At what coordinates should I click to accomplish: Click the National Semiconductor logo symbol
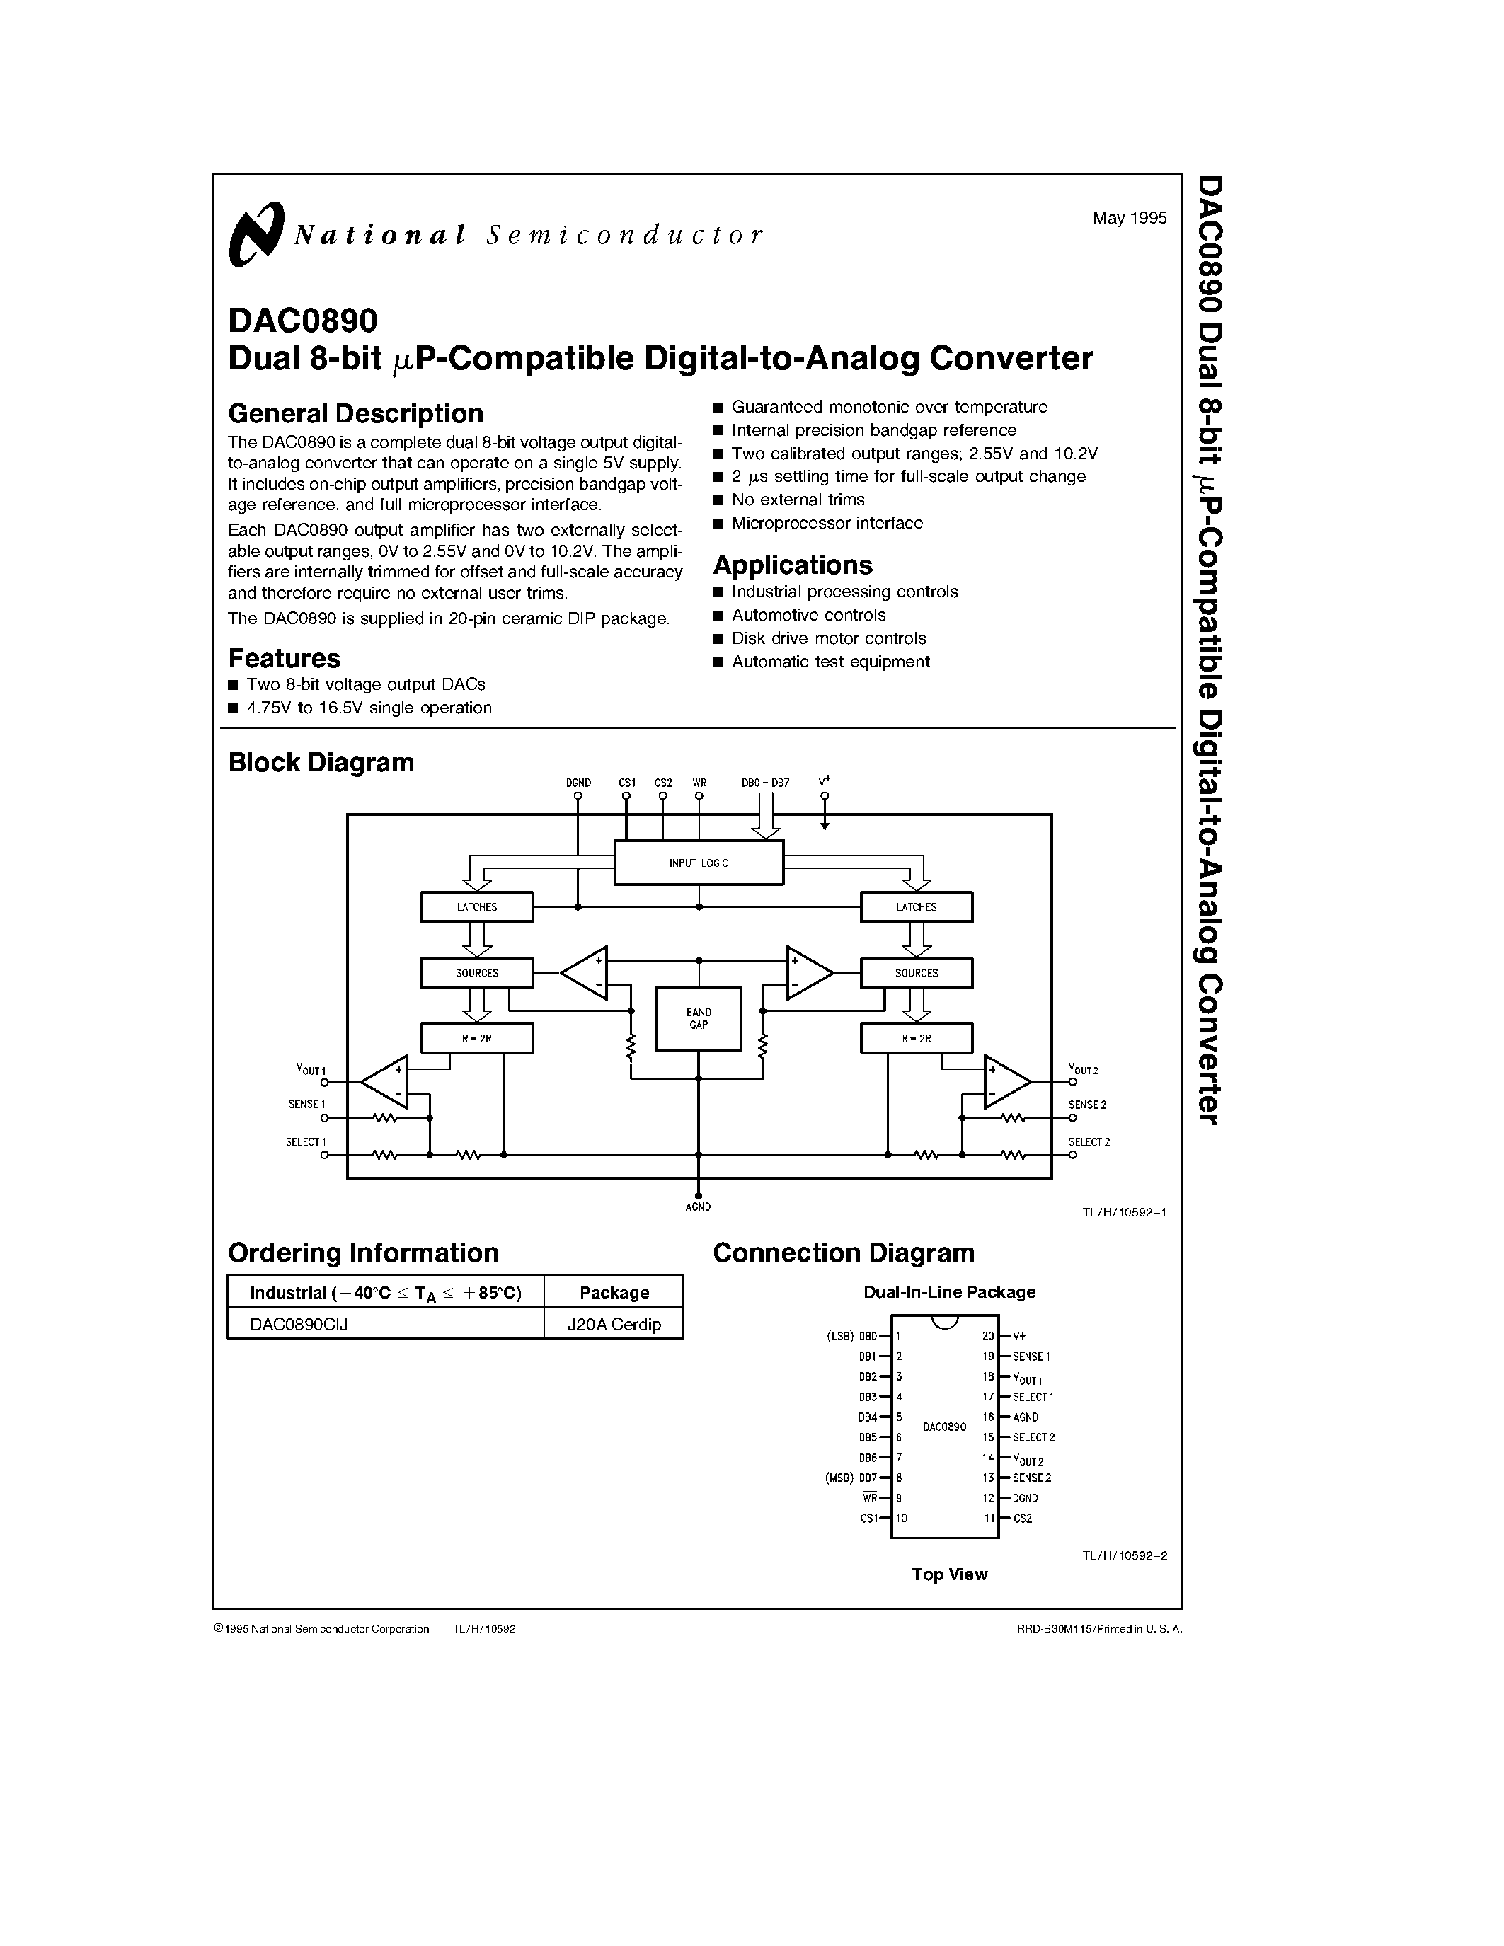click(256, 234)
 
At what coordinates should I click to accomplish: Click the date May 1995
click(1129, 218)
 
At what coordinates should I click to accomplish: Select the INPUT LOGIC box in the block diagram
click(699, 863)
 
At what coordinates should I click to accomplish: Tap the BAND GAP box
click(699, 1018)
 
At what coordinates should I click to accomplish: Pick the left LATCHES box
click(477, 907)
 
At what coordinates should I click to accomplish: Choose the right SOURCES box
click(916, 973)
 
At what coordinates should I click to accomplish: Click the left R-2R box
click(477, 1038)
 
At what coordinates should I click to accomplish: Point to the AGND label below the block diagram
click(699, 1207)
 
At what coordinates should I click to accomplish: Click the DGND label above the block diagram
click(578, 783)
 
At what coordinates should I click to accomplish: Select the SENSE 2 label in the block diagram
click(1087, 1105)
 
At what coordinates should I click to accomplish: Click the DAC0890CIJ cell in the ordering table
click(299, 1324)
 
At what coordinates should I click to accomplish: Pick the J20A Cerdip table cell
click(614, 1324)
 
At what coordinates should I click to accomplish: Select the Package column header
click(614, 1292)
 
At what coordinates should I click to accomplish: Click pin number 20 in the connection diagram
click(988, 1335)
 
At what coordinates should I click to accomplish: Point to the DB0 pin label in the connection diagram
click(868, 1335)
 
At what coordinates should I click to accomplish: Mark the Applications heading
click(792, 565)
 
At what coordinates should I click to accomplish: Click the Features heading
click(285, 659)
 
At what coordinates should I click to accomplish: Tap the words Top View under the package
click(949, 1574)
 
